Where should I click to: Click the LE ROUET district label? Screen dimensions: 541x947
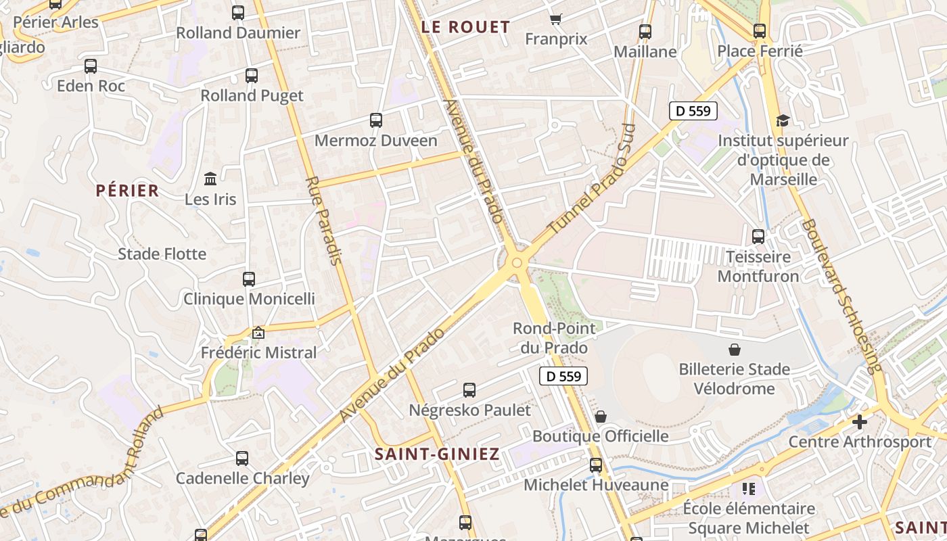(x=465, y=27)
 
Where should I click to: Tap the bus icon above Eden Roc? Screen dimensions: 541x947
(x=91, y=66)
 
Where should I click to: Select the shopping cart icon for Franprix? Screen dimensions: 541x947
(x=555, y=19)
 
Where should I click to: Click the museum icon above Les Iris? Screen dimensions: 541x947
(x=210, y=179)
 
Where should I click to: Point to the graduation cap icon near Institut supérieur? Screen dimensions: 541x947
(x=783, y=120)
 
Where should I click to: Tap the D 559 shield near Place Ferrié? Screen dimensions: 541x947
(x=693, y=111)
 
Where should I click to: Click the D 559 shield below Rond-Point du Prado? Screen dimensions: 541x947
(x=563, y=376)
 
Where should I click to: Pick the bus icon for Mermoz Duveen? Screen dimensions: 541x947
(x=376, y=120)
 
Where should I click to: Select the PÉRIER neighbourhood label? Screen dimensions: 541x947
(x=127, y=191)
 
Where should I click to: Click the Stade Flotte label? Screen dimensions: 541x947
(x=162, y=254)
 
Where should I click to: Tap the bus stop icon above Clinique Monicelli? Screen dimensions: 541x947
(x=249, y=279)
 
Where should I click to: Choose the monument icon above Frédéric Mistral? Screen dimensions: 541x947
(x=258, y=333)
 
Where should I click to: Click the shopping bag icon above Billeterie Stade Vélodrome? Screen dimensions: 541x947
(x=735, y=349)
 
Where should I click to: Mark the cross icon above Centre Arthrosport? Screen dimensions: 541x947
(x=859, y=422)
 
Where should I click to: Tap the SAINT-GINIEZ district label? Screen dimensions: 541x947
(x=437, y=454)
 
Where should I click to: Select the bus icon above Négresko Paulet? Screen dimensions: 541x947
(x=469, y=390)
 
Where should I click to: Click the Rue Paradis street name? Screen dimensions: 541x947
(x=324, y=220)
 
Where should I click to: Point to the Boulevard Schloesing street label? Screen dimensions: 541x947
(x=841, y=296)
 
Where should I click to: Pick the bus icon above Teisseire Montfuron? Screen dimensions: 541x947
(x=758, y=237)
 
